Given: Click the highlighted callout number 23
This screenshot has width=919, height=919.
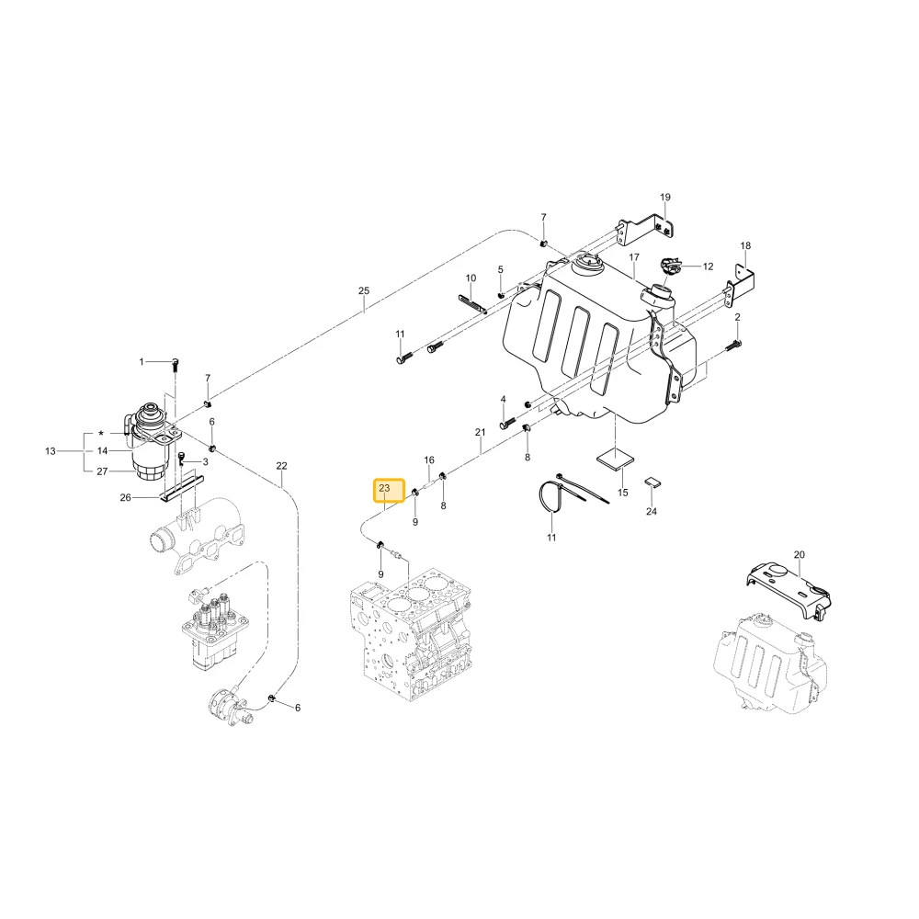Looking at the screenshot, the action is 384,488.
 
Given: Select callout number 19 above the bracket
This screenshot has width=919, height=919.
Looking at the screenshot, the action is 664,197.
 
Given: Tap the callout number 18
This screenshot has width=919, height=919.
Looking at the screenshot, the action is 745,245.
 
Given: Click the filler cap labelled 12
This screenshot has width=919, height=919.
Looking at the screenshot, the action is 670,266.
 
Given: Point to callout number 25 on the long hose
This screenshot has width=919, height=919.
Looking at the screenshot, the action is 364,290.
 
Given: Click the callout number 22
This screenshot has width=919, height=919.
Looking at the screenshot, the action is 281,466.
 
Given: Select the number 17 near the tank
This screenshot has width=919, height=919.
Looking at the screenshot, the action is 634,257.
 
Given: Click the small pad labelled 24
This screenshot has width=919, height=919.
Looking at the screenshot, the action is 652,482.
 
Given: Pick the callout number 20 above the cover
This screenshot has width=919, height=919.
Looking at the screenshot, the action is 800,554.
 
